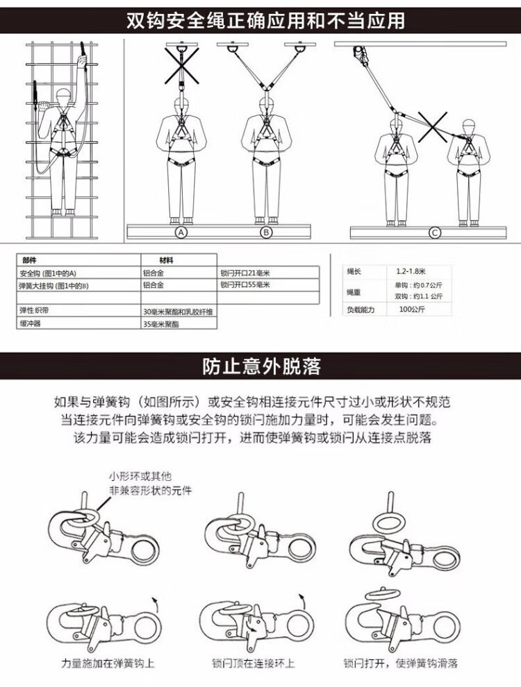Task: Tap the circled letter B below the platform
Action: coord(265,232)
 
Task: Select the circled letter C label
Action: coord(435,232)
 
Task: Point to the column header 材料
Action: coord(167,260)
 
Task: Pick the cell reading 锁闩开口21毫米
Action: coord(245,273)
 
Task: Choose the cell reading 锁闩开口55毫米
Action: coord(245,285)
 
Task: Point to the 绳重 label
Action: coord(354,291)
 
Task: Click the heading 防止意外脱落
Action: coord(261,366)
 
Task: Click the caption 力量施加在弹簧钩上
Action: coord(108,663)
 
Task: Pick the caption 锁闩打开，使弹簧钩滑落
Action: coord(405,663)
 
